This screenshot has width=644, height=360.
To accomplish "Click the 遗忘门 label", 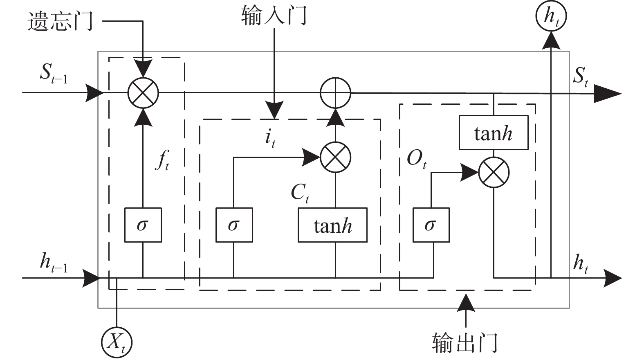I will (x=61, y=21).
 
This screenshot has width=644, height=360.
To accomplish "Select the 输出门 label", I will (x=465, y=343).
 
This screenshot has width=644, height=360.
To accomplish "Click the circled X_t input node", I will (x=117, y=342).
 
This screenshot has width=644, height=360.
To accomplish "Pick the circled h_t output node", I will (x=551, y=16).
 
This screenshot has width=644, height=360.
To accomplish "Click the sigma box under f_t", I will (x=143, y=225).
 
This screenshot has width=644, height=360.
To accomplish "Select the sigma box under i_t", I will (x=234, y=225).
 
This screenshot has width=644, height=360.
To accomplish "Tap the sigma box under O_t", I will (x=431, y=225).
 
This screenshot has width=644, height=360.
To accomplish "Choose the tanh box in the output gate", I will (x=494, y=133).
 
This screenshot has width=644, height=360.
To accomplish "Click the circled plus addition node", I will (x=335, y=93).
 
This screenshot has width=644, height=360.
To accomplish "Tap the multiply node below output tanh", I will (x=494, y=172).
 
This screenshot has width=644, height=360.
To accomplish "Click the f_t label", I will (x=162, y=160).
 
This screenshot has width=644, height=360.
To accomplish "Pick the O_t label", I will (x=417, y=160).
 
